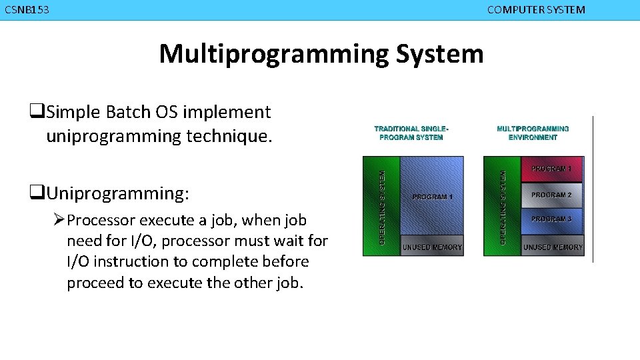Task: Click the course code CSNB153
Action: pyautogui.click(x=27, y=10)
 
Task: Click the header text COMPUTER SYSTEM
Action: pyautogui.click(x=536, y=10)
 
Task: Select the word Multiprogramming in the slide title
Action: pyautogui.click(x=273, y=53)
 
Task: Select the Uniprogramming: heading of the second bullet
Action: pyautogui.click(x=117, y=193)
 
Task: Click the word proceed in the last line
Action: pyautogui.click(x=95, y=283)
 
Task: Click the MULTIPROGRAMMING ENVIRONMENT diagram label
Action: pyautogui.click(x=533, y=133)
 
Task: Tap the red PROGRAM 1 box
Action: pyautogui.click(x=551, y=169)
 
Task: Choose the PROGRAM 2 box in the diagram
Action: pyautogui.click(x=551, y=195)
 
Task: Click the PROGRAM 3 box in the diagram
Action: pyautogui.click(x=551, y=219)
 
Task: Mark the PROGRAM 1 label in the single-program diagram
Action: pyautogui.click(x=432, y=197)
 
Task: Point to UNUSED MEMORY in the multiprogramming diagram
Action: pyautogui.click(x=553, y=247)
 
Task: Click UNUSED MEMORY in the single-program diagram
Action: pyautogui.click(x=432, y=247)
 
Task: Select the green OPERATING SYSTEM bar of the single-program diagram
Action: pyautogui.click(x=381, y=207)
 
